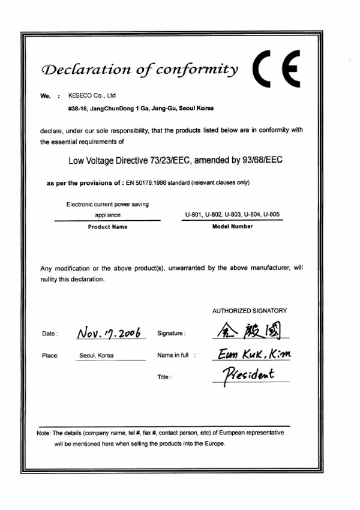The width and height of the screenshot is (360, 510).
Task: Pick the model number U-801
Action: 194,215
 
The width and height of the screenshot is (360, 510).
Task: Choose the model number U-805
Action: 271,215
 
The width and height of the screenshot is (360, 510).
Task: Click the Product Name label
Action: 107,227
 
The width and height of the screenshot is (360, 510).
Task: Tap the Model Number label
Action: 232,226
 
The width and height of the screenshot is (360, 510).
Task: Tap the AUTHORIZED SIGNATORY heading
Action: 250,311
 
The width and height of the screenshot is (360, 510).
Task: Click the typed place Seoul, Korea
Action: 97,355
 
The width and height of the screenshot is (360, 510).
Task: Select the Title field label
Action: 164,377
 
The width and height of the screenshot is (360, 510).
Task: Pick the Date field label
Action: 50,333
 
